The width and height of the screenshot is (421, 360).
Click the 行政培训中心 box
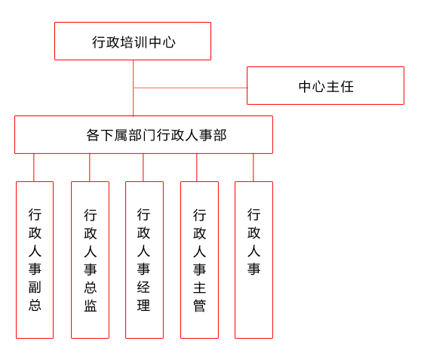point(133,41)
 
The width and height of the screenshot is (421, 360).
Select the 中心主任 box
point(325,86)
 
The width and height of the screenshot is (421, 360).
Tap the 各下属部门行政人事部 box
point(143,134)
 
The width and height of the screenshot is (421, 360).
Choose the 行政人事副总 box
point(35,260)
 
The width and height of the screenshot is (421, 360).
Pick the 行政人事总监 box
point(90,260)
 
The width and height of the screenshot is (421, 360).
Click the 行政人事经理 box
point(144,260)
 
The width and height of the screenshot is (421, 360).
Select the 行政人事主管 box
point(199,260)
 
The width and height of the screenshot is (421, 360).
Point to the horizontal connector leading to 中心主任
point(190,88)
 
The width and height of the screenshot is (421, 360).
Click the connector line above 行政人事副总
point(34,168)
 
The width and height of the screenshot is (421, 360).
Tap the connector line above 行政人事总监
point(90,168)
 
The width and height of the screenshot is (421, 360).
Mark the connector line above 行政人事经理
point(143,168)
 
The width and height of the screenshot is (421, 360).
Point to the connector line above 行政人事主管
point(196,168)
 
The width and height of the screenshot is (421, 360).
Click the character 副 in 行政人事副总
point(35,288)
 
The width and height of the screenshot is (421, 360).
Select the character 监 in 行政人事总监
point(91,306)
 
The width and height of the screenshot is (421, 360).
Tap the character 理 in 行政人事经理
point(143,305)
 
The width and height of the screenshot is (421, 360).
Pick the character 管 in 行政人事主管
point(199,306)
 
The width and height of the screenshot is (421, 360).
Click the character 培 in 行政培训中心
point(127,42)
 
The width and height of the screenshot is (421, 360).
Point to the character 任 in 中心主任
point(346,87)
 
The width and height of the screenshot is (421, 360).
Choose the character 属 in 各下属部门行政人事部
point(121,135)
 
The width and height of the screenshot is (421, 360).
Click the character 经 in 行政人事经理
point(143,287)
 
